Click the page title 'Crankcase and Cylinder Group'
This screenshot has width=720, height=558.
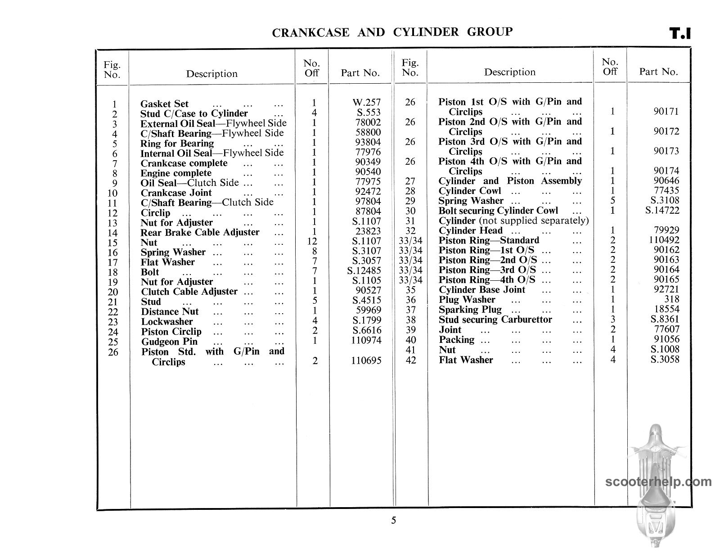[392, 32]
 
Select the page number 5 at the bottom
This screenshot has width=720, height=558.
[394, 521]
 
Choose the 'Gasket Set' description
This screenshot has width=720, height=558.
[164, 104]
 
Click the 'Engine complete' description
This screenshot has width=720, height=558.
[176, 173]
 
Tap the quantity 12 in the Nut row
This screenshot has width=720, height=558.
[312, 242]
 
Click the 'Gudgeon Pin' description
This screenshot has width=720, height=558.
[169, 342]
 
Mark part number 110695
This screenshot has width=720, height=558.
[366, 361]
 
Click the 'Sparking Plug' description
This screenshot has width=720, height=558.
[470, 310]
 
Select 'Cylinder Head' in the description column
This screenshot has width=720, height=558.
[470, 230]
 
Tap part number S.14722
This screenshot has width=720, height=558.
[661, 211]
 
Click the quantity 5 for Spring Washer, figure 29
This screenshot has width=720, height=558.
[612, 201]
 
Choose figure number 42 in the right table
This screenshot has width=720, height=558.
[410, 360]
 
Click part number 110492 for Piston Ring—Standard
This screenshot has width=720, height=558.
[664, 240]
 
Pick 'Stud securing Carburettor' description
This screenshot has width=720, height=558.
[495, 319]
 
